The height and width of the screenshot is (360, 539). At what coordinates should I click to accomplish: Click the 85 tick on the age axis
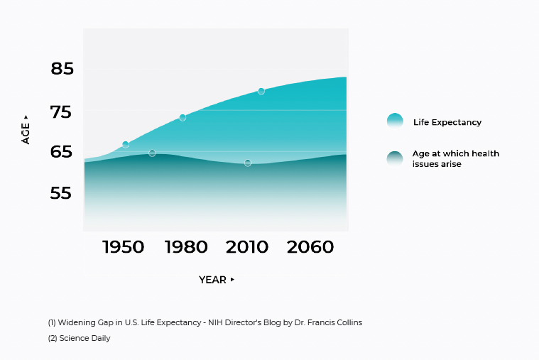coord(62,68)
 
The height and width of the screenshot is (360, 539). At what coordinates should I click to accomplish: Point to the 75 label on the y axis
coord(61,112)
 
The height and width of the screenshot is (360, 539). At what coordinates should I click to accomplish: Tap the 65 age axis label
coord(61,152)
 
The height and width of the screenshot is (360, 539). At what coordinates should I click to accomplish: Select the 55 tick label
coord(61,193)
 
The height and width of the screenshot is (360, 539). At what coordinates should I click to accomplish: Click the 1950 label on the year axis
coord(123,247)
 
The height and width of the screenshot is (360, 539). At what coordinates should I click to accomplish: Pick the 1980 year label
coord(186,247)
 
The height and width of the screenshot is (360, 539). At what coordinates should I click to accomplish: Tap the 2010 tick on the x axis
coord(247,247)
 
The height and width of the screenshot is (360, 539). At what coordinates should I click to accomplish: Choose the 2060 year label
coord(310,247)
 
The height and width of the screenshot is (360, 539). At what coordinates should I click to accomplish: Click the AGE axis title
coord(26,133)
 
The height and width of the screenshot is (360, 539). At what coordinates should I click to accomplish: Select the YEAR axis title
coord(212,280)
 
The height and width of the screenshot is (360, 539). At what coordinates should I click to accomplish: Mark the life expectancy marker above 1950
coord(126,145)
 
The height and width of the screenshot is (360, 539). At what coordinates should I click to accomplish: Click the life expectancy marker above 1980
coord(183,118)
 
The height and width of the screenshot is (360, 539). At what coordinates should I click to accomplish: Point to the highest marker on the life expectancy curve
coord(261,92)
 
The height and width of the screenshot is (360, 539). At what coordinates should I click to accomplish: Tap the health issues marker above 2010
coord(248,163)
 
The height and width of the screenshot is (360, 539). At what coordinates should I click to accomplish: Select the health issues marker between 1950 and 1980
coord(152,153)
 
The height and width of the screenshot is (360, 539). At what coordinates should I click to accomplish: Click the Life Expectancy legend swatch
coord(395,121)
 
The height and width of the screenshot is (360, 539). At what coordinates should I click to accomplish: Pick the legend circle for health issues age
coord(395,159)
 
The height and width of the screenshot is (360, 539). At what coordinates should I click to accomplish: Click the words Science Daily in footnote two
coord(85,338)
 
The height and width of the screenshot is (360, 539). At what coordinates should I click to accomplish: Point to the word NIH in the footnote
coord(215,322)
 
